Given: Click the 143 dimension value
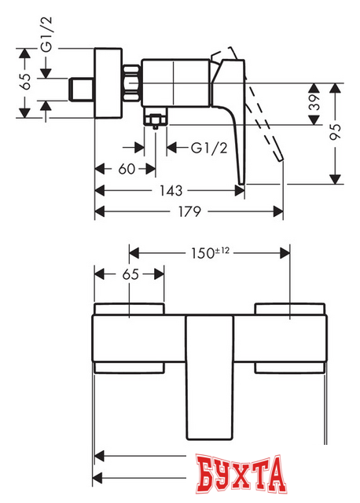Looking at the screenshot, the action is pyautogui.click(x=171, y=190).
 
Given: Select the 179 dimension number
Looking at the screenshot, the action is pyautogui.click(x=190, y=211).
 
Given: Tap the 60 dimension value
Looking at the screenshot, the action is pyautogui.click(x=127, y=169).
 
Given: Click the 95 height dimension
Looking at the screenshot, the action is pyautogui.click(x=336, y=131).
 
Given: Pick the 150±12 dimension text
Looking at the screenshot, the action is pyautogui.click(x=211, y=253).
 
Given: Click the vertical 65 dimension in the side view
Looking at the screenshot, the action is pyautogui.click(x=25, y=82).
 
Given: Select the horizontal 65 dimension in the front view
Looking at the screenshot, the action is pyautogui.click(x=130, y=274).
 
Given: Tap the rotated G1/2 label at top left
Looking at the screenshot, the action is pyautogui.click(x=46, y=35).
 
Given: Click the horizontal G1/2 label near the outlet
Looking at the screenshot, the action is pyautogui.click(x=209, y=148).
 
